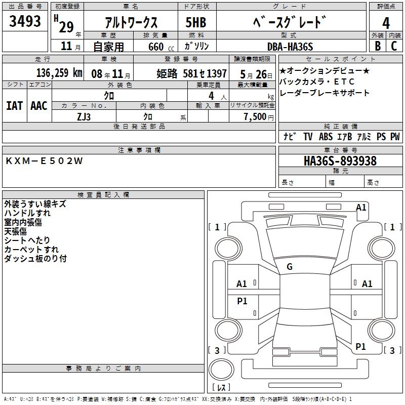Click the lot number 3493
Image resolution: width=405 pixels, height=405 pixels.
(x=25, y=21)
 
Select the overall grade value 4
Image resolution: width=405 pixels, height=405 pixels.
(x=386, y=23)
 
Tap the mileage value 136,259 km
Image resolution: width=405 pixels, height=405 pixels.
(x=59, y=73)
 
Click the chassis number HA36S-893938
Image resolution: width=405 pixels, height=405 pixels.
(x=340, y=161)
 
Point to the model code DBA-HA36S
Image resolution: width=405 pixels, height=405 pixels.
(x=290, y=47)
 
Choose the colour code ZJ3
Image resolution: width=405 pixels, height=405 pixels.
(x=84, y=117)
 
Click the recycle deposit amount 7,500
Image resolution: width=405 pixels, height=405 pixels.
(x=255, y=116)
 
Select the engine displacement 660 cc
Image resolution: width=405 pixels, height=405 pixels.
(x=161, y=47)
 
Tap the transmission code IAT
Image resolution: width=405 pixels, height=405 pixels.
(x=15, y=106)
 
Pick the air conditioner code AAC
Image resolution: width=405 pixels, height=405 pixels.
(x=39, y=106)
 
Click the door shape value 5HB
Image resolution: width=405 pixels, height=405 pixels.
(x=196, y=22)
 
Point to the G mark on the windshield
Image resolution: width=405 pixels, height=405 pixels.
(x=290, y=267)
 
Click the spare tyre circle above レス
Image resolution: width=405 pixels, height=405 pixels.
(x=221, y=370)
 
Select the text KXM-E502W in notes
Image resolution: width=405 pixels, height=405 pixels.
(x=44, y=161)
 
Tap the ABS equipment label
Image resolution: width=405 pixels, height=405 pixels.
(x=326, y=136)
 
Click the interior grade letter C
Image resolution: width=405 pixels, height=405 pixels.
(x=394, y=46)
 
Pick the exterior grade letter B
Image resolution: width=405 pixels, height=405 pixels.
(x=378, y=46)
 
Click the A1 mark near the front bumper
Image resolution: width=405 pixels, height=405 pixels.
(x=361, y=208)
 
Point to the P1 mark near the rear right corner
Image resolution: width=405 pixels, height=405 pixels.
(x=360, y=346)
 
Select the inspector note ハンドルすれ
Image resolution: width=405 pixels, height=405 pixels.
(x=27, y=213)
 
